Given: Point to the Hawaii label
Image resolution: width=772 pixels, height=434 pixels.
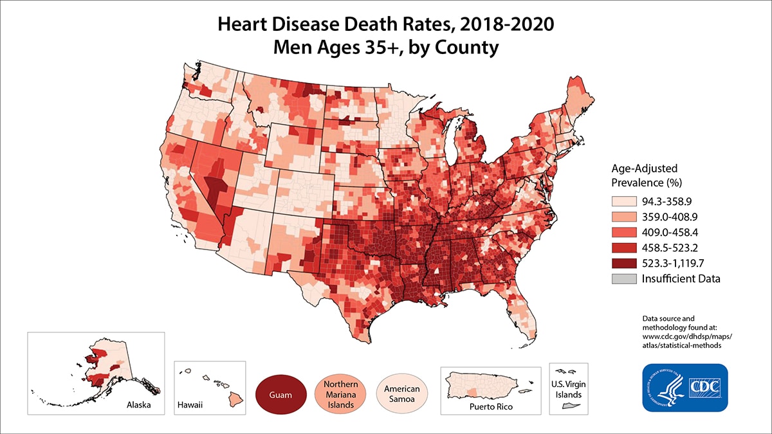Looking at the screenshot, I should pyautogui.click(x=190, y=406).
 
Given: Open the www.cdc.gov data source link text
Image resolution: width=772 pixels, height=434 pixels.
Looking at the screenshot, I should pyautogui.click(x=687, y=336).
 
